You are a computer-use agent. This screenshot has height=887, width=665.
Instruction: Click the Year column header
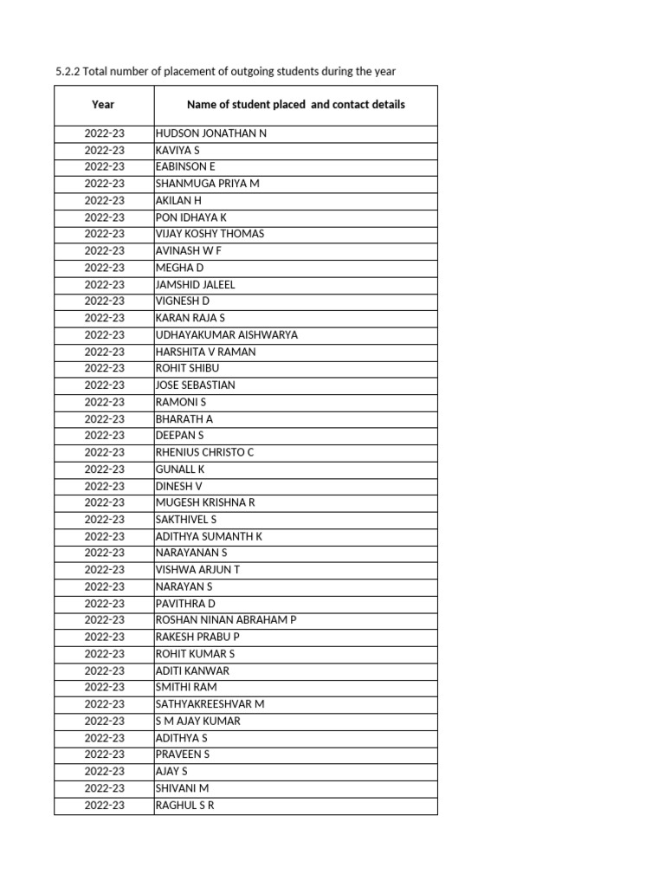103,105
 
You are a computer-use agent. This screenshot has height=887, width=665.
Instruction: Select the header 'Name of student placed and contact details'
295,105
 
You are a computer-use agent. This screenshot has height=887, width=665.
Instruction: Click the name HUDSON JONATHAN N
211,134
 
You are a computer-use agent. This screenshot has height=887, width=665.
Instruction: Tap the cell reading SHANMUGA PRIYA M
207,184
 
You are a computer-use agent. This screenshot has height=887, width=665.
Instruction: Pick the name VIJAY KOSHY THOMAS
210,234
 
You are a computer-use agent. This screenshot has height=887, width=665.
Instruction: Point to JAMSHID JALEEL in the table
195,284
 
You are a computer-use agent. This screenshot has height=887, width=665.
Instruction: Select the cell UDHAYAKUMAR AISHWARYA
226,334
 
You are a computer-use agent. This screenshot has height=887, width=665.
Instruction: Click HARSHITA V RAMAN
205,352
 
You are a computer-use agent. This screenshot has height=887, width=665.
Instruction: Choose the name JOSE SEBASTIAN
195,385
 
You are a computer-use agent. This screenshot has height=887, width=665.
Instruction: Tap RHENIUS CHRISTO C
204,452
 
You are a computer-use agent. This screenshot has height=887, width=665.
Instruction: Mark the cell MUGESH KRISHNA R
205,502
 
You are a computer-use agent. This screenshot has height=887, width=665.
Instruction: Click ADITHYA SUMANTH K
209,536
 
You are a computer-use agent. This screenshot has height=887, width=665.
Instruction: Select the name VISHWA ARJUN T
197,569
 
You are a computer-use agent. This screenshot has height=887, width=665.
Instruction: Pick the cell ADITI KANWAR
192,670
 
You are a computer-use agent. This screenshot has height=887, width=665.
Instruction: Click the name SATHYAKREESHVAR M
210,704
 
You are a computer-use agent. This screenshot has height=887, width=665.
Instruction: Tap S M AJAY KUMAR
197,721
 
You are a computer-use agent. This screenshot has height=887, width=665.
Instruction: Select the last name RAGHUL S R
184,806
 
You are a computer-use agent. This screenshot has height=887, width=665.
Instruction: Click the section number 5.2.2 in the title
67,71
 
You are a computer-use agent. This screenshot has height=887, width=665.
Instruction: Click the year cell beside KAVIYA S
104,151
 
